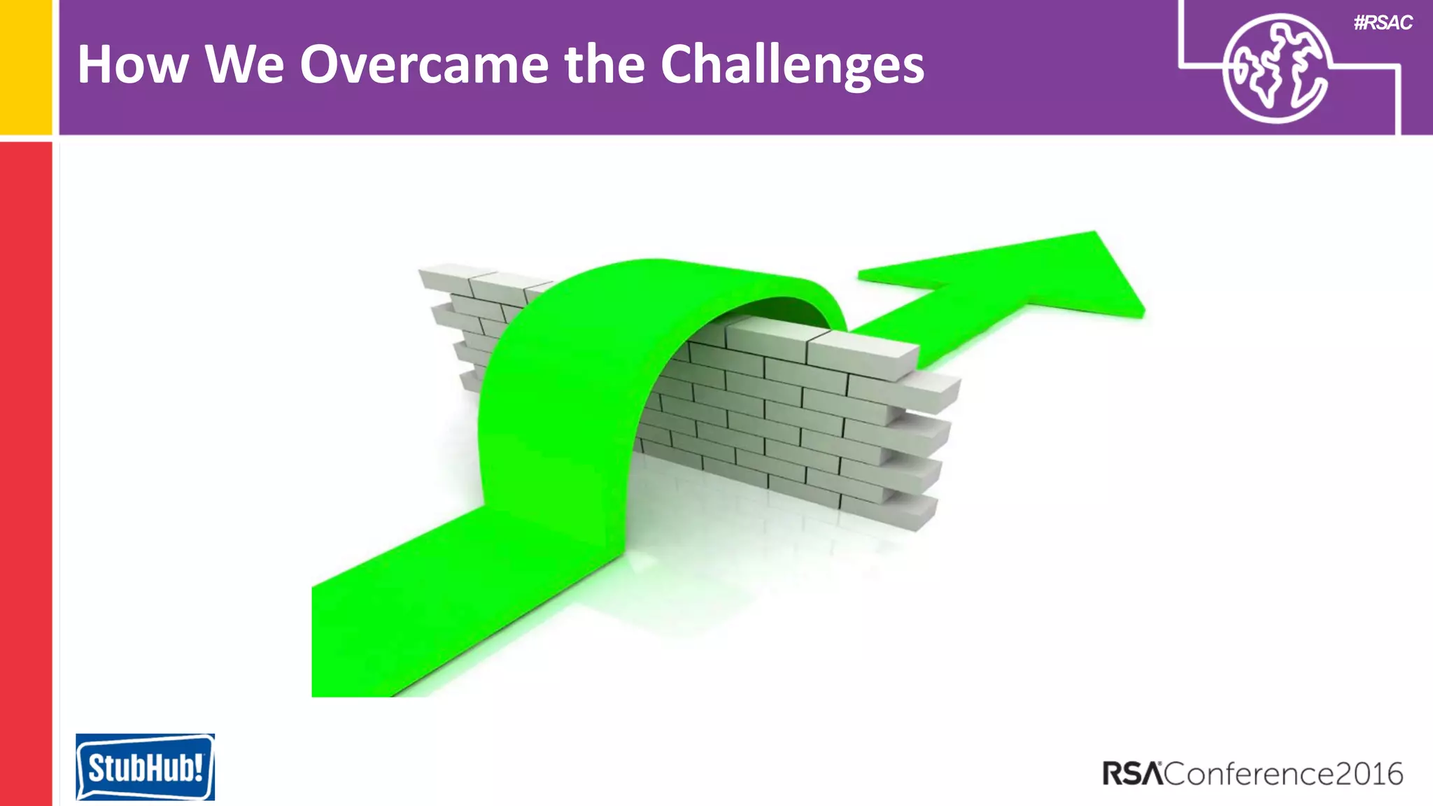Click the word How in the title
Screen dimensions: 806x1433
point(133,64)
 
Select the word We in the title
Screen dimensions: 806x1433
point(244,64)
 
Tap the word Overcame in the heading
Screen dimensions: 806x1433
point(424,64)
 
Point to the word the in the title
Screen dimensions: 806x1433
point(604,64)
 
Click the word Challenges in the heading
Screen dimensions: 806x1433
point(792,66)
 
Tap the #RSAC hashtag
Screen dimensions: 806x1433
point(1383,23)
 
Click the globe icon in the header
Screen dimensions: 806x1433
point(1276,69)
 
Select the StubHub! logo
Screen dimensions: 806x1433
point(145,767)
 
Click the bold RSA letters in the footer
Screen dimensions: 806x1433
point(1132,774)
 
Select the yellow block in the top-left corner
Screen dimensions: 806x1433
point(26,66)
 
